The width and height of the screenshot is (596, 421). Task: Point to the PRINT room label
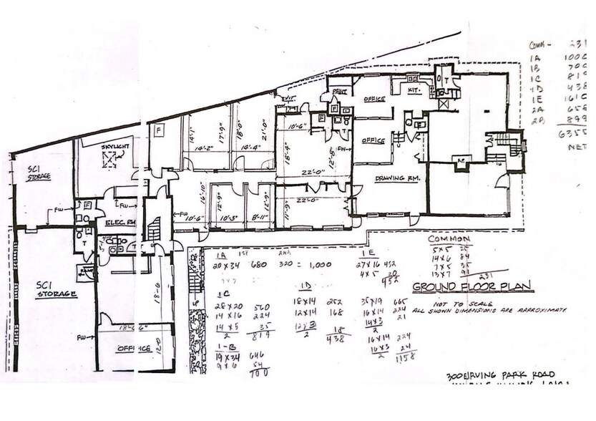tap(338, 92)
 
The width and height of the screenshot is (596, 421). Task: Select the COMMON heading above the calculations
tap(449, 238)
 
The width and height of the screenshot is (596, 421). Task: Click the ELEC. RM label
tap(119, 223)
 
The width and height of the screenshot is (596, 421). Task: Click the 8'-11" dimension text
tap(259, 216)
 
